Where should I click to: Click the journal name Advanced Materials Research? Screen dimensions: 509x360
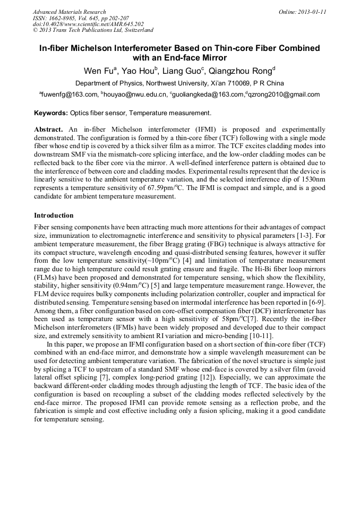pyautogui.click(x=69, y=12)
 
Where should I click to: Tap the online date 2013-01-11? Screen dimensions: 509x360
pyautogui.click(x=311, y=12)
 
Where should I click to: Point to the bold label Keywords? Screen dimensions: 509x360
pyautogui.click(x=51, y=113)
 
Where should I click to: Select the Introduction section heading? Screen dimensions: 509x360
pyautogui.click(x=54, y=215)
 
